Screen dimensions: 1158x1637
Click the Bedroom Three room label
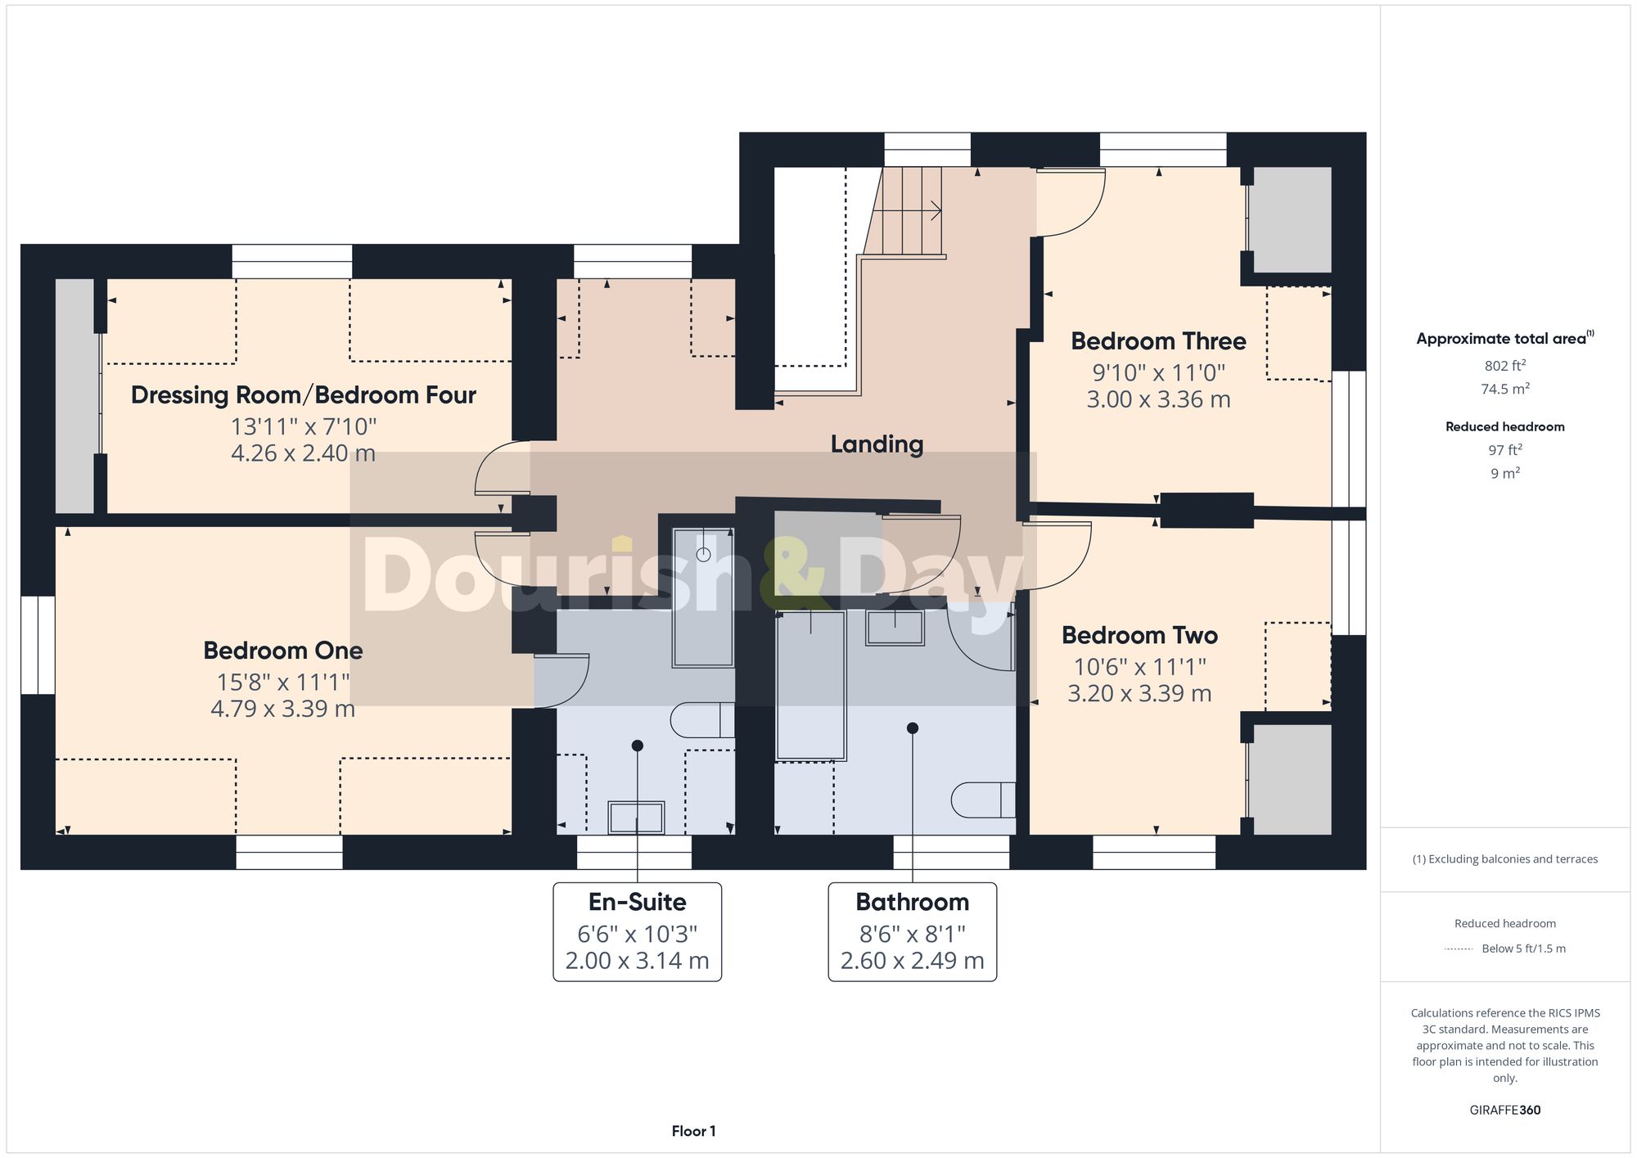(1157, 341)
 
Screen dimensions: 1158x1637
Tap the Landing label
(877, 444)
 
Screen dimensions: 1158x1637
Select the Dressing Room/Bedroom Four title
(303, 395)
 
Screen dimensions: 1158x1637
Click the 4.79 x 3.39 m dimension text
(282, 709)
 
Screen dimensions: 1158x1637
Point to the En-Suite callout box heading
(637, 902)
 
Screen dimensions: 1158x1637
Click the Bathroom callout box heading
(912, 902)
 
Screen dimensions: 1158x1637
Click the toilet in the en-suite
(702, 720)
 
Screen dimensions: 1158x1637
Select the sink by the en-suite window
(636, 817)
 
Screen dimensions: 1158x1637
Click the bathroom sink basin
(895, 628)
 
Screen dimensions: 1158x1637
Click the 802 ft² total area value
(1504, 366)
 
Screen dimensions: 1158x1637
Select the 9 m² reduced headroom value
(1504, 473)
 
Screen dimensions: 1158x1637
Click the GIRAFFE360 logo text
(1504, 1110)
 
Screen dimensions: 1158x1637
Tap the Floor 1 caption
(693, 1131)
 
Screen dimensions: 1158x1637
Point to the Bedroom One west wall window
(38, 645)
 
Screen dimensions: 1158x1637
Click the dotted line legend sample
(1459, 949)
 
